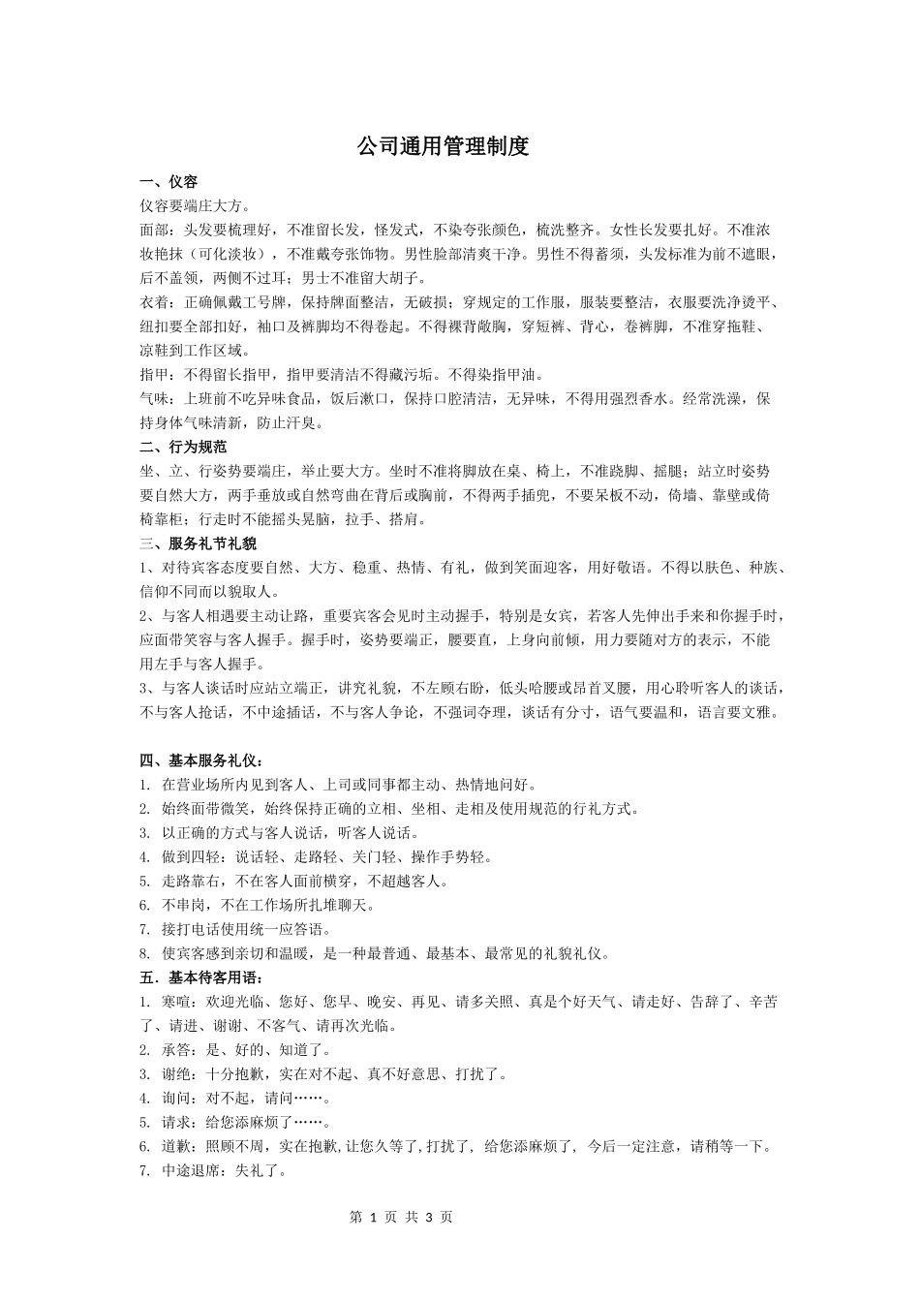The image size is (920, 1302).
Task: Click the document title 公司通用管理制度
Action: (443, 147)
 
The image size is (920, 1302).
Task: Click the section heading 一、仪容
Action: (169, 182)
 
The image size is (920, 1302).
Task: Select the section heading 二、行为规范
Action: (183, 448)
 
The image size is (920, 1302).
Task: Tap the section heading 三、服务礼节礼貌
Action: (198, 543)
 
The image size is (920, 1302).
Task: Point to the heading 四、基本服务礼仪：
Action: (201, 760)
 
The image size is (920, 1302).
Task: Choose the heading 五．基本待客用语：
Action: (201, 977)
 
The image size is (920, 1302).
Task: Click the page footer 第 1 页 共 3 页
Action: (399, 1218)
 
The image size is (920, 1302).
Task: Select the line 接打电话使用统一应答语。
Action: (258, 930)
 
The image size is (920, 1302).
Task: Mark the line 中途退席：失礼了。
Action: (224, 1170)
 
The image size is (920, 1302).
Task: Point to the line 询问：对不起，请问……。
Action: (247, 1099)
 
